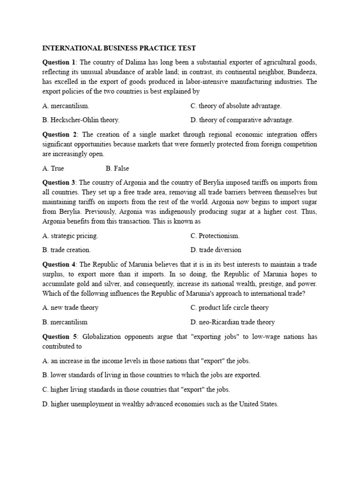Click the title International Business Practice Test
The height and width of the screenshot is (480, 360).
(x=119, y=48)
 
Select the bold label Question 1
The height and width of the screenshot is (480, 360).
(x=59, y=62)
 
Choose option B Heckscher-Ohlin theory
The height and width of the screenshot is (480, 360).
(x=81, y=120)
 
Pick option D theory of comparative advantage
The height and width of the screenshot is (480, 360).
(x=241, y=120)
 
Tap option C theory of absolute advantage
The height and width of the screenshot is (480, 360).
(x=236, y=106)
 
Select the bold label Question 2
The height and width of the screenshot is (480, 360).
(x=59, y=135)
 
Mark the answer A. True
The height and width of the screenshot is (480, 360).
(x=53, y=168)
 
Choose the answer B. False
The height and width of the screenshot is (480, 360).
(x=117, y=168)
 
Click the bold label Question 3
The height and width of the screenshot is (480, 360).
(x=59, y=182)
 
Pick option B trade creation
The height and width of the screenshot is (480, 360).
(x=67, y=250)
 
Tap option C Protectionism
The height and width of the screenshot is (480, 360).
(x=215, y=236)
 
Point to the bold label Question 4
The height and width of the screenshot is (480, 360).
(x=59, y=264)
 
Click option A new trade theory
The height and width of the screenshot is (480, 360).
(x=70, y=307)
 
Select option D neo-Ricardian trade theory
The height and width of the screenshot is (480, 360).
(x=232, y=322)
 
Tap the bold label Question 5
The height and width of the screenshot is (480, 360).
(x=59, y=337)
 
